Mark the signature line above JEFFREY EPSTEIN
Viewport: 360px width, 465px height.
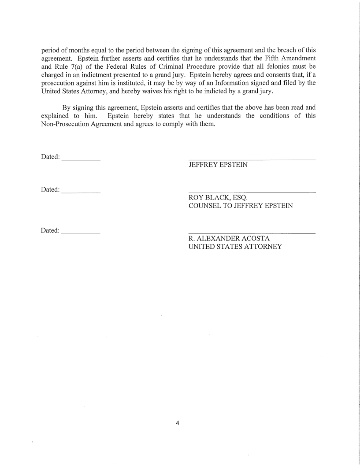click(x=252, y=159)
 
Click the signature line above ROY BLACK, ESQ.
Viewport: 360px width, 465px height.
click(x=252, y=192)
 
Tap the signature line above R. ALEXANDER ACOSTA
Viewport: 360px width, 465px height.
click(x=252, y=233)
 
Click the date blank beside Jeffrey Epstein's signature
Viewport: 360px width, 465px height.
click(x=81, y=159)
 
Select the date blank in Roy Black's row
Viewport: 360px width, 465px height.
click(x=81, y=192)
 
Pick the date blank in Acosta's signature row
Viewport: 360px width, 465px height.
click(x=81, y=232)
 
